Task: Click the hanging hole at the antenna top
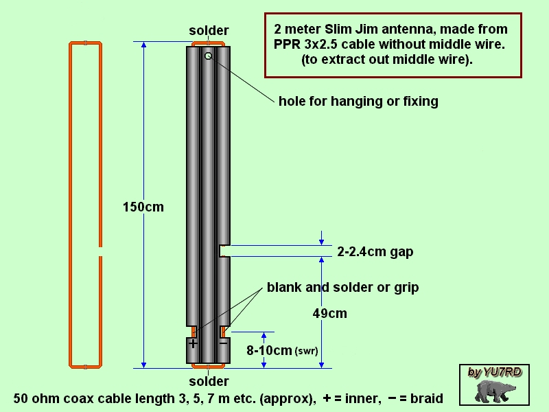tap(208, 56)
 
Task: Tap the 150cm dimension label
tap(143, 207)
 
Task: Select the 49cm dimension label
tap(329, 314)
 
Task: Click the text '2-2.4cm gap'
tap(375, 252)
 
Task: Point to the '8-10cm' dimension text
tap(269, 350)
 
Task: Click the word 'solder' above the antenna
tap(209, 31)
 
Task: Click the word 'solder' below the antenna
tap(209, 381)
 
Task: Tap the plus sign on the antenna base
tap(193, 343)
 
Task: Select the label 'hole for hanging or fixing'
tap(358, 102)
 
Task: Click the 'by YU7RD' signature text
tap(495, 372)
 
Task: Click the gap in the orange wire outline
tap(100, 250)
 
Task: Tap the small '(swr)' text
tap(306, 352)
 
